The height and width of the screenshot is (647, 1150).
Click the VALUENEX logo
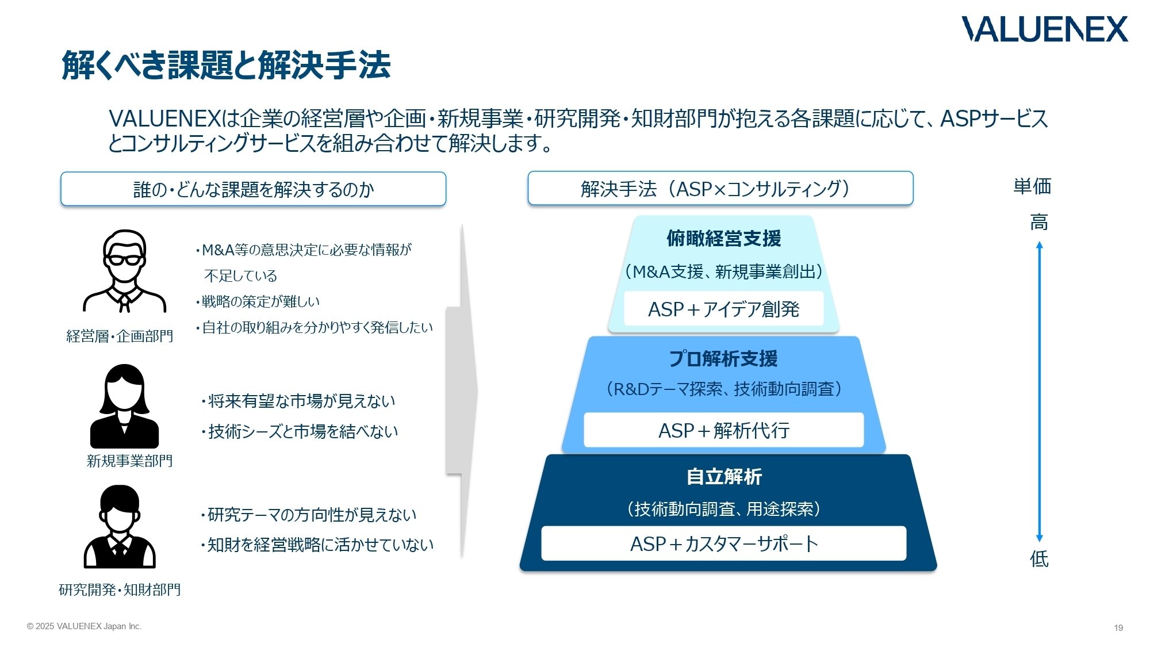(x=1044, y=29)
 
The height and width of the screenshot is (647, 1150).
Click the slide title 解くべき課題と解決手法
(x=226, y=64)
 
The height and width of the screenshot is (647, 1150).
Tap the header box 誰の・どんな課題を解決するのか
(x=253, y=189)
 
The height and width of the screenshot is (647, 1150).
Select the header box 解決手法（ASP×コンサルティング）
(x=720, y=189)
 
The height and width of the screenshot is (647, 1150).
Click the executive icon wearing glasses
(x=124, y=271)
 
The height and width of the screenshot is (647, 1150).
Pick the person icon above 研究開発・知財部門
(x=120, y=527)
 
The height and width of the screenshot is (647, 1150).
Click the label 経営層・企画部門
(x=120, y=336)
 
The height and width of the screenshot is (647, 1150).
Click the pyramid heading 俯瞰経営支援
(x=723, y=238)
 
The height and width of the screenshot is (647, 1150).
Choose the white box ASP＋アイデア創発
(x=723, y=309)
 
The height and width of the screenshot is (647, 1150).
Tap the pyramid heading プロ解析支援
(x=723, y=359)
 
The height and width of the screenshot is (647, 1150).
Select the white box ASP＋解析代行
(x=723, y=430)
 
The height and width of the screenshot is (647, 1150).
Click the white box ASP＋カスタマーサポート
(x=723, y=543)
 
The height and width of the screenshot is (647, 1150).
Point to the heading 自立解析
(x=724, y=477)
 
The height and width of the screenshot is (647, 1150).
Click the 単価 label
(x=1032, y=186)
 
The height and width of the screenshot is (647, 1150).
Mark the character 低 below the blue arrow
(x=1039, y=559)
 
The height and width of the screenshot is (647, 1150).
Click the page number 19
(x=1118, y=628)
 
